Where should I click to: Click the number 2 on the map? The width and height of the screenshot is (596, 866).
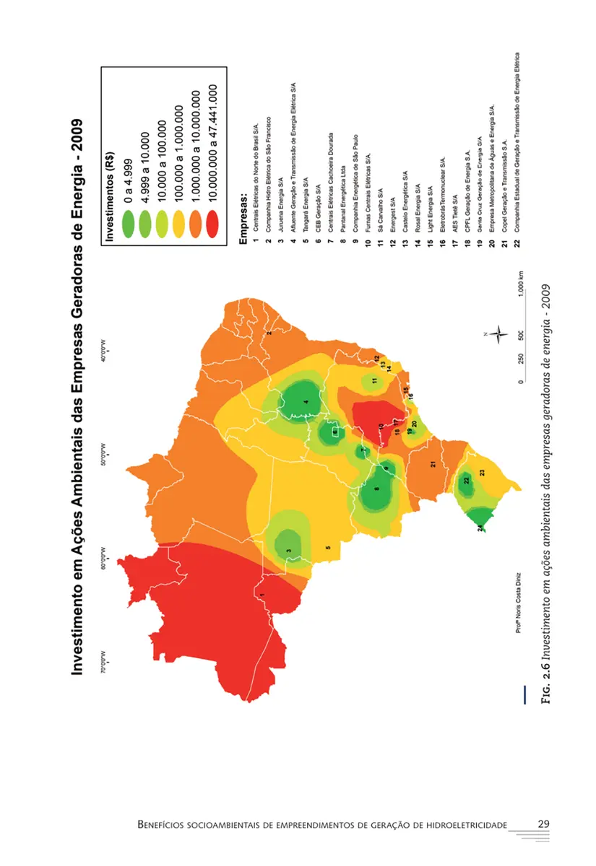tap(269, 333)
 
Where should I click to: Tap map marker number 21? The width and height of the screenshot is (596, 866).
tap(433, 464)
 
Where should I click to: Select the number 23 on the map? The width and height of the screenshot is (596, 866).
tap(481, 471)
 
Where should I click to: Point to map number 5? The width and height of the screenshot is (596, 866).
tap(328, 548)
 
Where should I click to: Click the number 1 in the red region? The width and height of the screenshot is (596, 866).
tap(262, 594)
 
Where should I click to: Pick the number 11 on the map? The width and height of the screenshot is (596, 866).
tap(374, 380)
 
